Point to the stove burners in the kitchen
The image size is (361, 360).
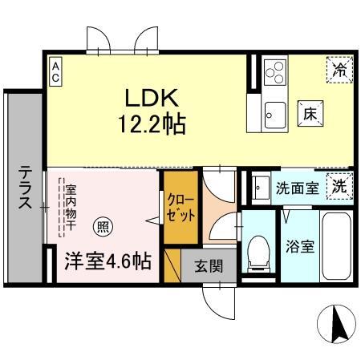274,72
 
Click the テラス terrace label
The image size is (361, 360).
26,188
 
